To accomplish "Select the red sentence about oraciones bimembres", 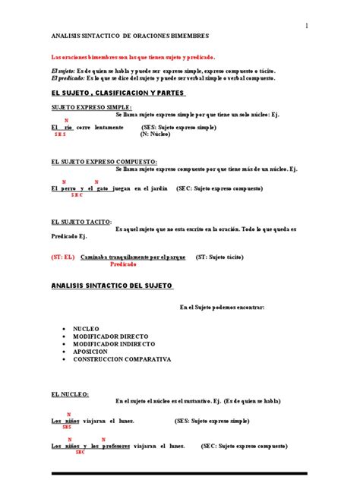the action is (x=133, y=57).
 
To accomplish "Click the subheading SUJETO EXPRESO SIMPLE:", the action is (x=91, y=107).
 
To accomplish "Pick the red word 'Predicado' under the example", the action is (x=123, y=264).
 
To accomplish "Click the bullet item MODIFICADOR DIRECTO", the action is (x=111, y=336).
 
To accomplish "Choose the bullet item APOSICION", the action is (x=90, y=352).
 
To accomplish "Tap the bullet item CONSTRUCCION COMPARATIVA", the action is (x=122, y=359).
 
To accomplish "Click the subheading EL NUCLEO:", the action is (x=70, y=394).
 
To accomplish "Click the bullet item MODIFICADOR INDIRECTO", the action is (x=115, y=344).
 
